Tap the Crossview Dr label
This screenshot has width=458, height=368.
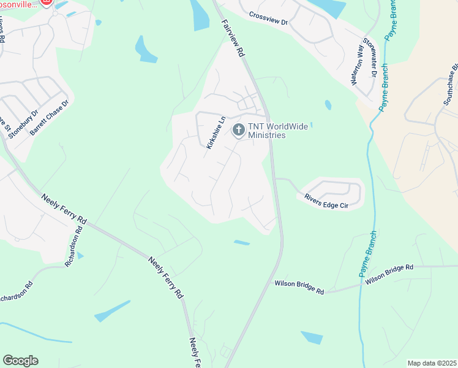coord(268,18)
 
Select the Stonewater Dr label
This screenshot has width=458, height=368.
coord(369,58)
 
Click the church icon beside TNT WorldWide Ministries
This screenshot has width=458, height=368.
coord(238,130)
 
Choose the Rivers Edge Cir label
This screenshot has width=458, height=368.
coord(326,201)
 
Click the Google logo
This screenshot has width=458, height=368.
coord(20,360)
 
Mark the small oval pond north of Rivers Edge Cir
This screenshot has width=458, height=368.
coord(328,105)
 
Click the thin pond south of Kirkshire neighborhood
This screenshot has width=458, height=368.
coord(241,243)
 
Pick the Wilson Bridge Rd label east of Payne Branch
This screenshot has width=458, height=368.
coord(389,275)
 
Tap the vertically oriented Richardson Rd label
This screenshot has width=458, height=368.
coord(73,247)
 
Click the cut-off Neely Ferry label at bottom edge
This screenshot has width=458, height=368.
coord(195,352)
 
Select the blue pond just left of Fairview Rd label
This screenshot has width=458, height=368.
coord(200,15)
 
